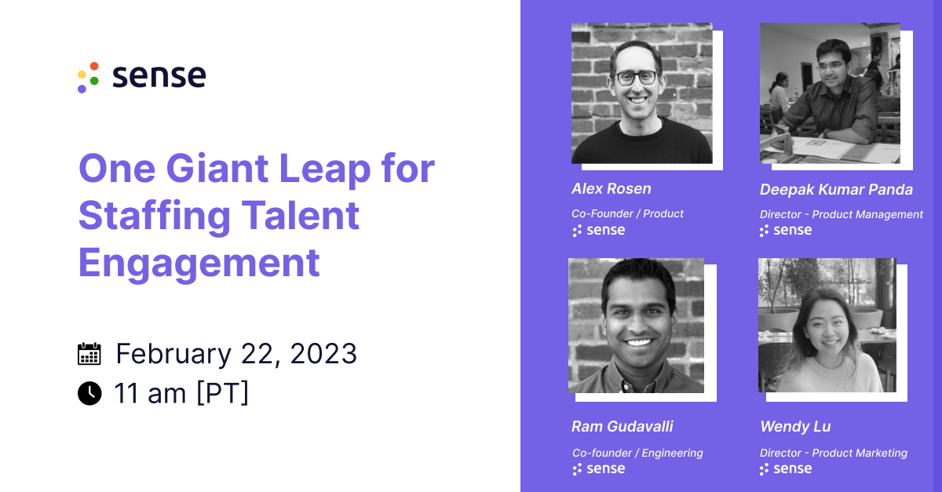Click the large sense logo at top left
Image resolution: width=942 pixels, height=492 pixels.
(x=142, y=77)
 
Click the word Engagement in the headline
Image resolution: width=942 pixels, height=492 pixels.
(x=199, y=263)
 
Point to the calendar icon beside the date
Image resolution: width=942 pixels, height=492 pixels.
(x=89, y=354)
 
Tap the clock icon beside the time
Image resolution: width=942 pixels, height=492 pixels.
(x=89, y=392)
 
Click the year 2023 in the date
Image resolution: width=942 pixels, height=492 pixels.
(x=323, y=354)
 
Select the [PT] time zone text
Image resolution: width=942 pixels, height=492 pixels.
(x=222, y=392)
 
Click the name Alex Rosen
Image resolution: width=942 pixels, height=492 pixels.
(x=611, y=188)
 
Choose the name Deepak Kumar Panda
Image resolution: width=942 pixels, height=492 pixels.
(x=836, y=189)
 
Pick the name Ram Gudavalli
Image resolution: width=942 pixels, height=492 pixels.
(x=622, y=426)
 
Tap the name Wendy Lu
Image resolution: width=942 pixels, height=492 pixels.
(x=794, y=426)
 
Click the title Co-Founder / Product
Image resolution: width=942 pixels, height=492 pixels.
(x=627, y=213)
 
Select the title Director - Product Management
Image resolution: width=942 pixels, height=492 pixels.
(x=841, y=214)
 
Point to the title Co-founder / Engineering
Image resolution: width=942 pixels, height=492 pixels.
(x=637, y=453)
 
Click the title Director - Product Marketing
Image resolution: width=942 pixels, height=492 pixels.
(x=833, y=453)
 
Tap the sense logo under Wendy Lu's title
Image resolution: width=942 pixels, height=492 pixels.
(x=785, y=468)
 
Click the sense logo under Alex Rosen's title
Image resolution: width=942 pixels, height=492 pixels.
(x=598, y=230)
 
